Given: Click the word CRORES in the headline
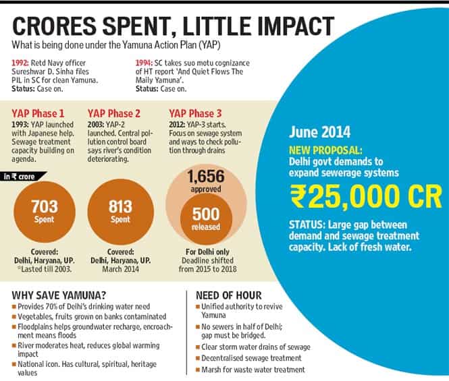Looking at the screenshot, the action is pos(54,26).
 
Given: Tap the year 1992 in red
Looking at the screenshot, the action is pos(20,63).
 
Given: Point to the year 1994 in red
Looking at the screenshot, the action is pos(144,63).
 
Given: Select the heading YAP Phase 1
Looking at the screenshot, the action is pos(38,113).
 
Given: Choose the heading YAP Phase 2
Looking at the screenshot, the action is pos(114,113).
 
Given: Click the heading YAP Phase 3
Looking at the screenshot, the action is pos(195,113).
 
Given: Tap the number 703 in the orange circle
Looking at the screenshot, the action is pos(45,206).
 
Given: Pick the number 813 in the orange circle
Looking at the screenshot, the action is pos(120,206).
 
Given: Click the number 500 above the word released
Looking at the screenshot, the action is pos(206,214).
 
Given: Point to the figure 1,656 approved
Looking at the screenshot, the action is pos(206,181).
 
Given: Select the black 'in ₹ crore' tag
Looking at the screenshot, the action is pos(24,177).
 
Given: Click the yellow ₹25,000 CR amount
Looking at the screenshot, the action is pos(366,197).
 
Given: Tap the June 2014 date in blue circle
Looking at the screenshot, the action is pos(319,132).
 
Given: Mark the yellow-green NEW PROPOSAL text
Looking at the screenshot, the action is pos(325,150).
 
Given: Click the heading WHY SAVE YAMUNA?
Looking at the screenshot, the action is pos(59,295).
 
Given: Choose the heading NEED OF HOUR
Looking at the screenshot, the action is pos(229,295).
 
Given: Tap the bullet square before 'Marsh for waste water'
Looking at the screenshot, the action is pos(198,370).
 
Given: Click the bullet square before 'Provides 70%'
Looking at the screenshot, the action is pos(14,307).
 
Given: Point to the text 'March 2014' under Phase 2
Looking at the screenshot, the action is pos(121,269).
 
